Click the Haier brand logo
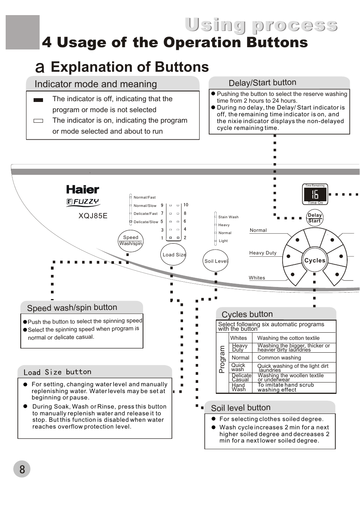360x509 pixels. (83, 190)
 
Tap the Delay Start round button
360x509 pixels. (315, 218)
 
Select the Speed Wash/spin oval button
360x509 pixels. (131, 241)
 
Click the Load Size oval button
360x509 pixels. (174, 254)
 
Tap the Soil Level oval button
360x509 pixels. (216, 261)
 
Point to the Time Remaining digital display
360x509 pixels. (315, 194)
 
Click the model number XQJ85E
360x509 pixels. (93, 216)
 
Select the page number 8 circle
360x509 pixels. (22, 469)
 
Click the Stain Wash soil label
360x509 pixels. (228, 217)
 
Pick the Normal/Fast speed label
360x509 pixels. (145, 197)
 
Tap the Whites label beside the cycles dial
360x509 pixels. (257, 278)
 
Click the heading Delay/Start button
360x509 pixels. (262, 83)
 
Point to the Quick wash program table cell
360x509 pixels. (238, 367)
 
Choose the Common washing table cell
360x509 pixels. (279, 358)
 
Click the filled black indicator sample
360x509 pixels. (38, 100)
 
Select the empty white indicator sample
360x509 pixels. (38, 121)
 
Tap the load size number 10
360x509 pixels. (186, 205)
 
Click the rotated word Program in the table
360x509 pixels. (222, 359)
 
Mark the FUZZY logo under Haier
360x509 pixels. (83, 202)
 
